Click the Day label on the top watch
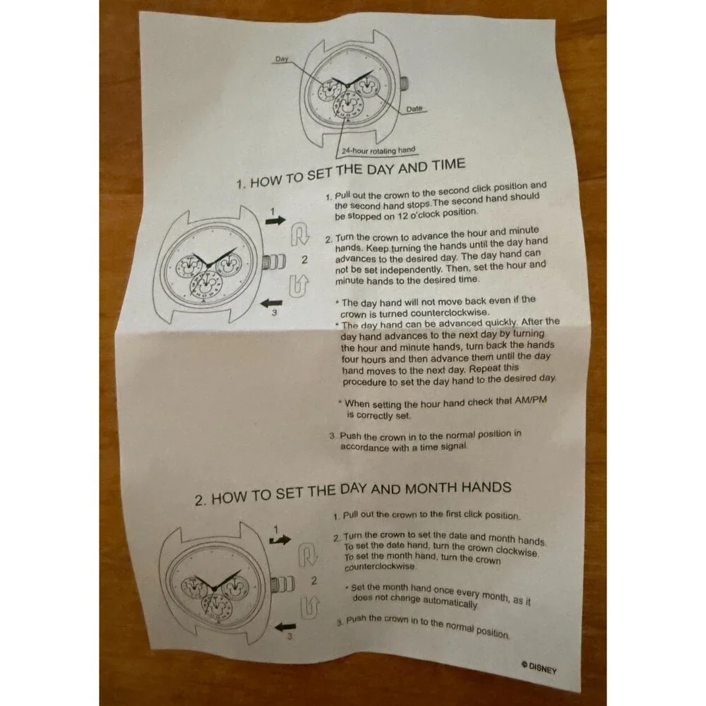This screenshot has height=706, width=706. (282, 59)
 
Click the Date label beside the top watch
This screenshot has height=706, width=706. (414, 109)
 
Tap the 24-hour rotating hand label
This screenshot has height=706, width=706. (378, 150)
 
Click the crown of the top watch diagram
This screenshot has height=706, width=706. (405, 83)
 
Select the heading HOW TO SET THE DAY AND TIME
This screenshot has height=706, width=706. (351, 173)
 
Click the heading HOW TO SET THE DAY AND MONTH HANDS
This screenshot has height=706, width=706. (353, 493)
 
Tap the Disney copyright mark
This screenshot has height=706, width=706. (539, 667)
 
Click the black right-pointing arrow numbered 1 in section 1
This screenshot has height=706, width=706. (275, 220)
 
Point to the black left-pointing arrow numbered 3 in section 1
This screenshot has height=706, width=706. (272, 303)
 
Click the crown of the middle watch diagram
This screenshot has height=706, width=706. (274, 261)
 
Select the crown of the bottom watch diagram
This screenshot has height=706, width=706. (283, 585)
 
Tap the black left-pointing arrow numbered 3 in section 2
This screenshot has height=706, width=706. (285, 626)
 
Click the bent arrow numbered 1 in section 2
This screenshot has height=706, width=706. (280, 539)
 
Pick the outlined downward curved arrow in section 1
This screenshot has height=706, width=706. (299, 234)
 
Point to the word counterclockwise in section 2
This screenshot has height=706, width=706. (380, 566)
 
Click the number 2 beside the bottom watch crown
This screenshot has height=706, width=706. (314, 581)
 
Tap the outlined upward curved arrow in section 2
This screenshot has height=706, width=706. (310, 607)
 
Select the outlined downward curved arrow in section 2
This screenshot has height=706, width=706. (308, 555)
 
